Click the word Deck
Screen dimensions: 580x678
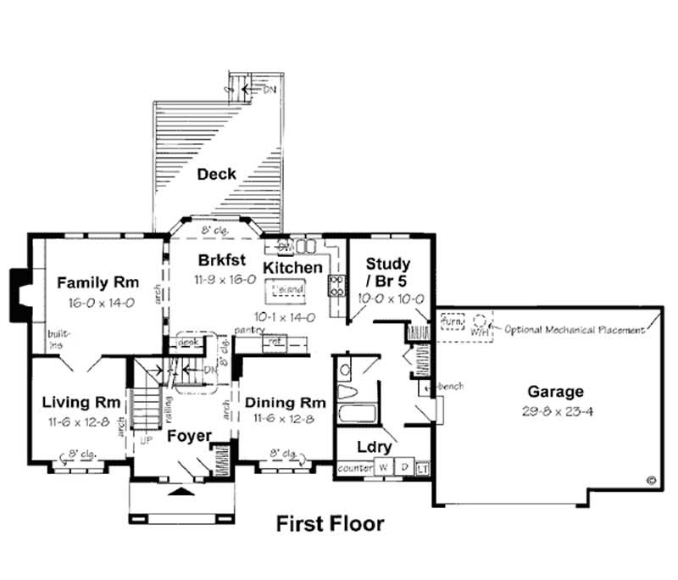click(216, 175)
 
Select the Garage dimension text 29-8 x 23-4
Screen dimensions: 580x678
click(555, 410)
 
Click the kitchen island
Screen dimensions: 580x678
click(287, 292)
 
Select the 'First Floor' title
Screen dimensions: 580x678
click(330, 523)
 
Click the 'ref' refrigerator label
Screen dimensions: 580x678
click(275, 342)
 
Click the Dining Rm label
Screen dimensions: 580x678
click(285, 402)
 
